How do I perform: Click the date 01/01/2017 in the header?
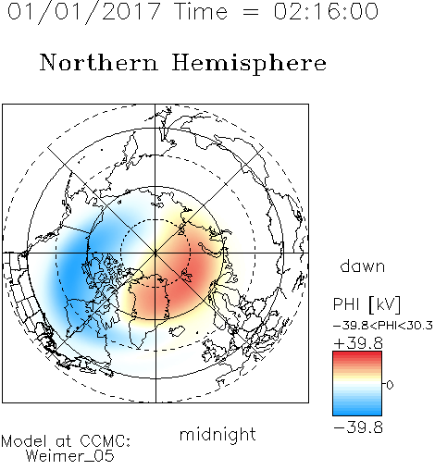84,11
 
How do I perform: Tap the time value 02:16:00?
326,11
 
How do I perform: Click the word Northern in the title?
99,62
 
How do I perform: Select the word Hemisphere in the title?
249,64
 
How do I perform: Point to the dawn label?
363,266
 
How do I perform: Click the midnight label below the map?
217,435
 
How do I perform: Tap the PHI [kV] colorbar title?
367,304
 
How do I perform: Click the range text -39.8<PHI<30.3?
383,326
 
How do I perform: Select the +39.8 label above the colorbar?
358,343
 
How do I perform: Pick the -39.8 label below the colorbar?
358,427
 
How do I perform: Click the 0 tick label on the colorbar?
390,385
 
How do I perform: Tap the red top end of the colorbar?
357,353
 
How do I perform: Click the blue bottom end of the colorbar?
357,413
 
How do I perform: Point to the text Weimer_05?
70,456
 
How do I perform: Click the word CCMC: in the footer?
105,441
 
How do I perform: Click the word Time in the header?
201,11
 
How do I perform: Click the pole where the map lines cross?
155,253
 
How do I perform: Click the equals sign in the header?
251,12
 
